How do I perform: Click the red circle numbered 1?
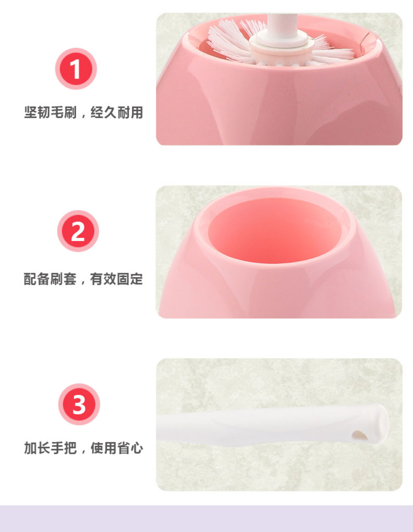[76, 69]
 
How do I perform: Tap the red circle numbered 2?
[78, 231]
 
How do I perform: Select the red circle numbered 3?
[79, 405]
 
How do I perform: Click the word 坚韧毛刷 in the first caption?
[51, 113]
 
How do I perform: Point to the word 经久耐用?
[117, 113]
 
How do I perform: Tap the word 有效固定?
[116, 279]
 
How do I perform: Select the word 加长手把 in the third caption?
[51, 448]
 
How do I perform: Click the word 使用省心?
[117, 448]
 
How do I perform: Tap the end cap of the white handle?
[381, 424]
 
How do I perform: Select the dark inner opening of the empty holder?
[275, 230]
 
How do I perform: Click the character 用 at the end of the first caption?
[137, 113]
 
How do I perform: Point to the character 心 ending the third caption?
[137, 448]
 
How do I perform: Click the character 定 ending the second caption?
[137, 279]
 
